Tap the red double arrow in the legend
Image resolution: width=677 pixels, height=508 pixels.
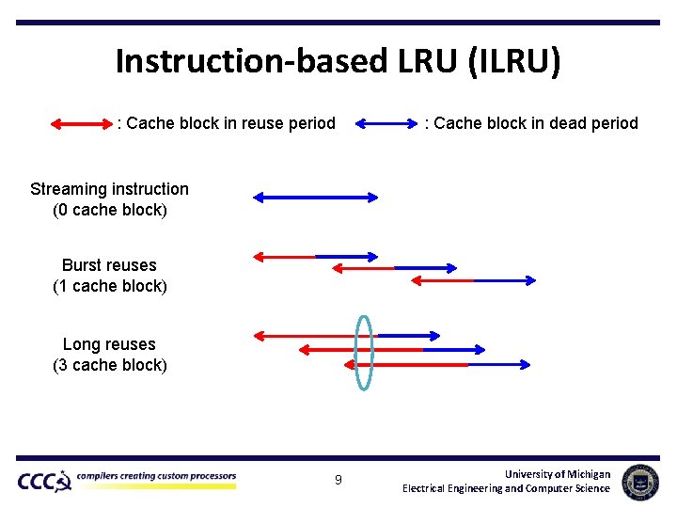pos(80,123)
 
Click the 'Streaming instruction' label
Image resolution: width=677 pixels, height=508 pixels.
pos(109,189)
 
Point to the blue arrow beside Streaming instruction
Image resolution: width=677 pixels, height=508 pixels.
pos(315,198)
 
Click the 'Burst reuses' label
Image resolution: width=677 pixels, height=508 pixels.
pos(109,265)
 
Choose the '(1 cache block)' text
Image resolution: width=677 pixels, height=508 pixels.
pos(109,286)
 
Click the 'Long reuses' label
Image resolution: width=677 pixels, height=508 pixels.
pos(109,344)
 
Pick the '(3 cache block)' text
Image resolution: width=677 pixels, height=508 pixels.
pos(109,365)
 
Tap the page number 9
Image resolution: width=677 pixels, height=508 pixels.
pos(338,482)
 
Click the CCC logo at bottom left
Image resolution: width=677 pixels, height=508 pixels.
pos(43,482)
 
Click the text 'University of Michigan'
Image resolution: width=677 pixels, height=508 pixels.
pos(557,474)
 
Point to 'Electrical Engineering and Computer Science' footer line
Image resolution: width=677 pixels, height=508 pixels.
pos(506,488)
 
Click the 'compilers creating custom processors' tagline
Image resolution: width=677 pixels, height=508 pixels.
pos(156,476)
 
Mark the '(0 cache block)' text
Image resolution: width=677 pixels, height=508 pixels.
pos(109,210)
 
